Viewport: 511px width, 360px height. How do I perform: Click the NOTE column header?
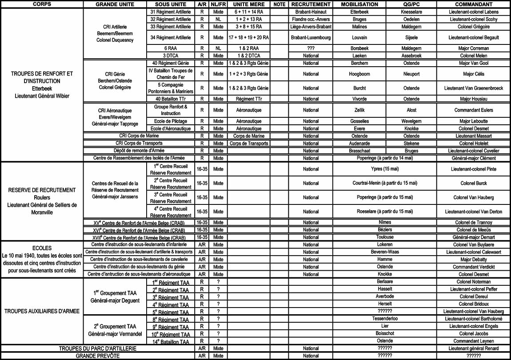pos(279,4)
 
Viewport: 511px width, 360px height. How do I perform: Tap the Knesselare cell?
pos(411,12)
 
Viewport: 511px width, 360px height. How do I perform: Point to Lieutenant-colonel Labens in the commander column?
pos(474,12)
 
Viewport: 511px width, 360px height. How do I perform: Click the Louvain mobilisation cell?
pos(359,38)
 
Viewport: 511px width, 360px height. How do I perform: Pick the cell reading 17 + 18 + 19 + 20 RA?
pos(248,38)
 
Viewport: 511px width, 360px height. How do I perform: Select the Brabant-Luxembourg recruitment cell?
pos(311,38)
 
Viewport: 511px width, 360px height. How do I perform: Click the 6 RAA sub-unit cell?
pos(172,48)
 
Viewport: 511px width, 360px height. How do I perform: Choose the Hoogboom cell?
pos(359,74)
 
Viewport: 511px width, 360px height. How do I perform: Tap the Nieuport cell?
pos(411,74)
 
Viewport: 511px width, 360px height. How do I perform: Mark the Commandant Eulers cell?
pos(474,110)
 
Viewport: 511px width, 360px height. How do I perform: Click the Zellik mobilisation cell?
pos(359,110)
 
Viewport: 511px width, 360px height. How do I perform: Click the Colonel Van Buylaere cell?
pos(474,245)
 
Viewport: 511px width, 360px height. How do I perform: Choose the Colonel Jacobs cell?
pos(474,333)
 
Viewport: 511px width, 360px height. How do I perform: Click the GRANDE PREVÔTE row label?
pos(97,356)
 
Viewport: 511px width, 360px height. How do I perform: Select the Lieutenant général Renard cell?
pos(474,348)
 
